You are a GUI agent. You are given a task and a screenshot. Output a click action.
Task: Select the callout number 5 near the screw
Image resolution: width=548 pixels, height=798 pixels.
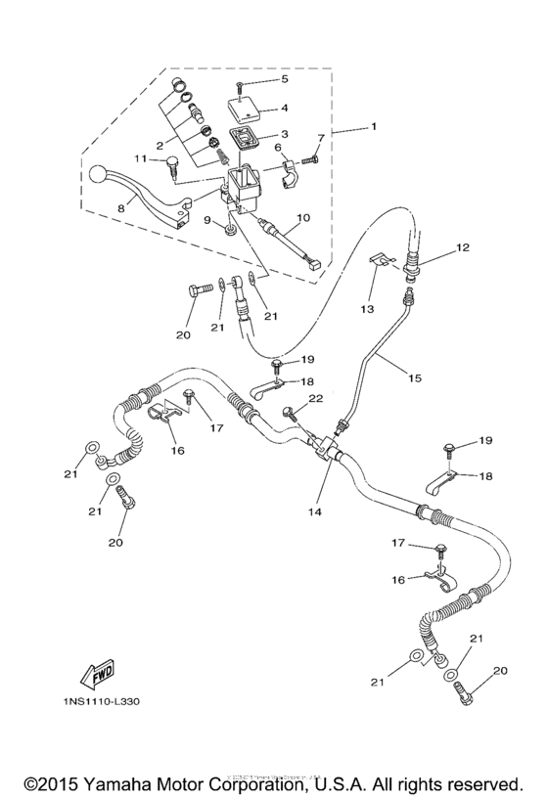coord(285,79)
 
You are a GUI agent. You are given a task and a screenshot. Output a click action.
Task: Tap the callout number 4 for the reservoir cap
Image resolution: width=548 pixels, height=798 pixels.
coord(284,109)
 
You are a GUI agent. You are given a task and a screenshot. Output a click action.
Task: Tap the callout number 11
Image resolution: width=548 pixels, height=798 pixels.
coord(140,158)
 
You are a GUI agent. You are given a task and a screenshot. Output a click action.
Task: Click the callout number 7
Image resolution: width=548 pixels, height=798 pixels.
coord(318,139)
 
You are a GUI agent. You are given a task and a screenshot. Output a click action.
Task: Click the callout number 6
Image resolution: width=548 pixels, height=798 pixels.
coord(277,148)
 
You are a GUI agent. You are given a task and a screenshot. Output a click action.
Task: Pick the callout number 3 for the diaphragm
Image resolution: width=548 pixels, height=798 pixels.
coord(284,135)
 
